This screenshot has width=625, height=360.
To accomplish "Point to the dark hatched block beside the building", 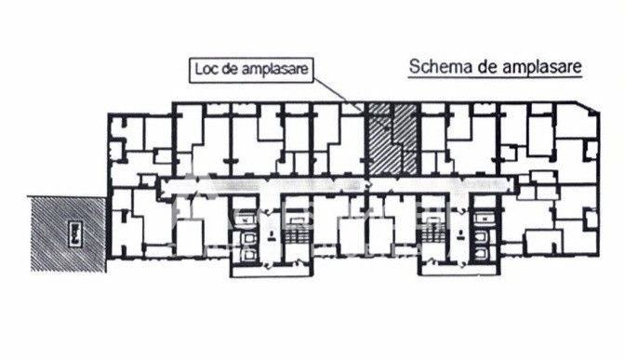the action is point(68,234).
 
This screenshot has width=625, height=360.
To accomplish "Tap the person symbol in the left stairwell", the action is point(272,235).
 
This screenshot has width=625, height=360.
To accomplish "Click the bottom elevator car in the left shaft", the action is point(250,254).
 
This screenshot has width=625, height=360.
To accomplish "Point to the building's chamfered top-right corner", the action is point(587,107).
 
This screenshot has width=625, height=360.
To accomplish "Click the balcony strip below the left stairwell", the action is point(272,271).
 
